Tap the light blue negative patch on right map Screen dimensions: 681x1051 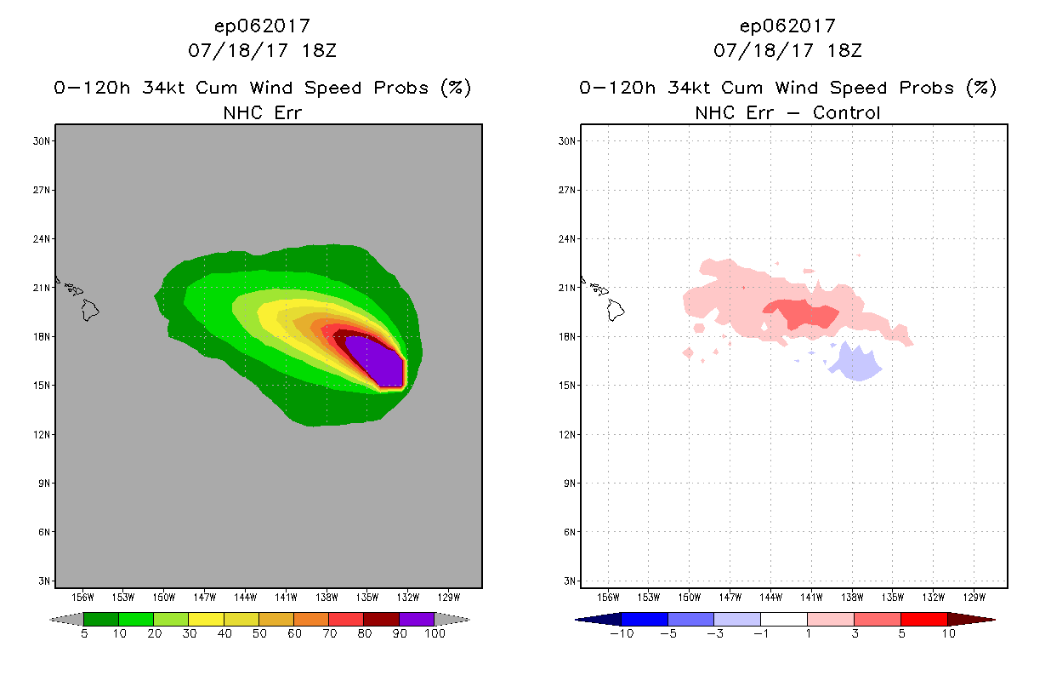point(855,364)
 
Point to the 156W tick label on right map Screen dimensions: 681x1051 point(608,598)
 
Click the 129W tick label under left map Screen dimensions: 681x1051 point(448,598)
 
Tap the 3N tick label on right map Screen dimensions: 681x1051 point(570,581)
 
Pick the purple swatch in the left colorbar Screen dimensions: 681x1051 point(417,619)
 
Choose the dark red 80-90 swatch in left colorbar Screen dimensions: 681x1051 point(381,619)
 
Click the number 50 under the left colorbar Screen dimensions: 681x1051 point(258,633)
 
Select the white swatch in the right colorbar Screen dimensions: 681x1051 point(783,619)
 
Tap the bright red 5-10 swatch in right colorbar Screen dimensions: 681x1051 point(923,619)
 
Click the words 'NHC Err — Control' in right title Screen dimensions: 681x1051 point(787,112)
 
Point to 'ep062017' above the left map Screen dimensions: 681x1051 point(262,26)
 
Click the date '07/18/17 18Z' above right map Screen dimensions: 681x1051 point(787,50)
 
